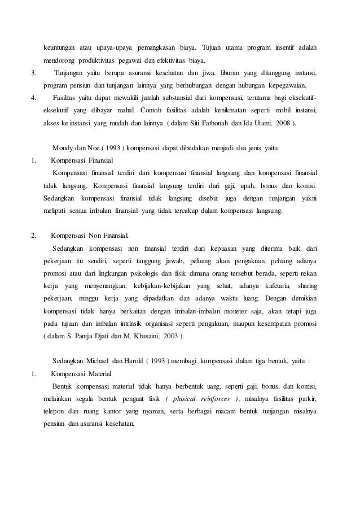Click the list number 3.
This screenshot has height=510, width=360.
coord(34,73)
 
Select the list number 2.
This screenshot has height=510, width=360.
coord(34,235)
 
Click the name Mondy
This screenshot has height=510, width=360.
coord(62,148)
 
